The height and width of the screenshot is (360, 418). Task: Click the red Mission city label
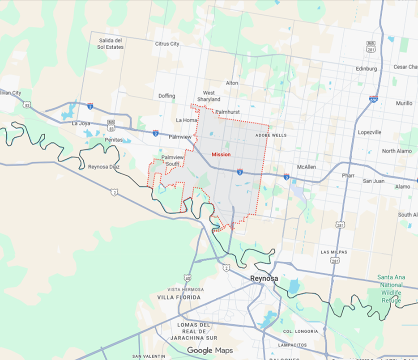point(221,154)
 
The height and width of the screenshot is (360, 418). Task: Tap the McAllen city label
point(307,167)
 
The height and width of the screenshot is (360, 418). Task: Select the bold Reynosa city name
point(264,279)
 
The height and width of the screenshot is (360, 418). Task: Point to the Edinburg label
point(366,69)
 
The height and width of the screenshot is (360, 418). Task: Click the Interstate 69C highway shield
point(374,99)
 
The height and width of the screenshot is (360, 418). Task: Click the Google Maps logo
point(210,350)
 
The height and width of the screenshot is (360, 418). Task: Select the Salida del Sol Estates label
point(111,43)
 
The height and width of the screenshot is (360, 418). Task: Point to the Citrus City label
point(167,44)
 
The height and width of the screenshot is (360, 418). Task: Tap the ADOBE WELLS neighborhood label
point(271,135)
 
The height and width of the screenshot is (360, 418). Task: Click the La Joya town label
point(81,123)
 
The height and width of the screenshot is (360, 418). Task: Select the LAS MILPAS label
point(334,252)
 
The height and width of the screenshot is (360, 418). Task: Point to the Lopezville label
point(370,132)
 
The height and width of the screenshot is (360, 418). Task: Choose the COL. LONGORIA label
point(301,331)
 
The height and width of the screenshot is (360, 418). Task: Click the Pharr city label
point(348,175)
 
